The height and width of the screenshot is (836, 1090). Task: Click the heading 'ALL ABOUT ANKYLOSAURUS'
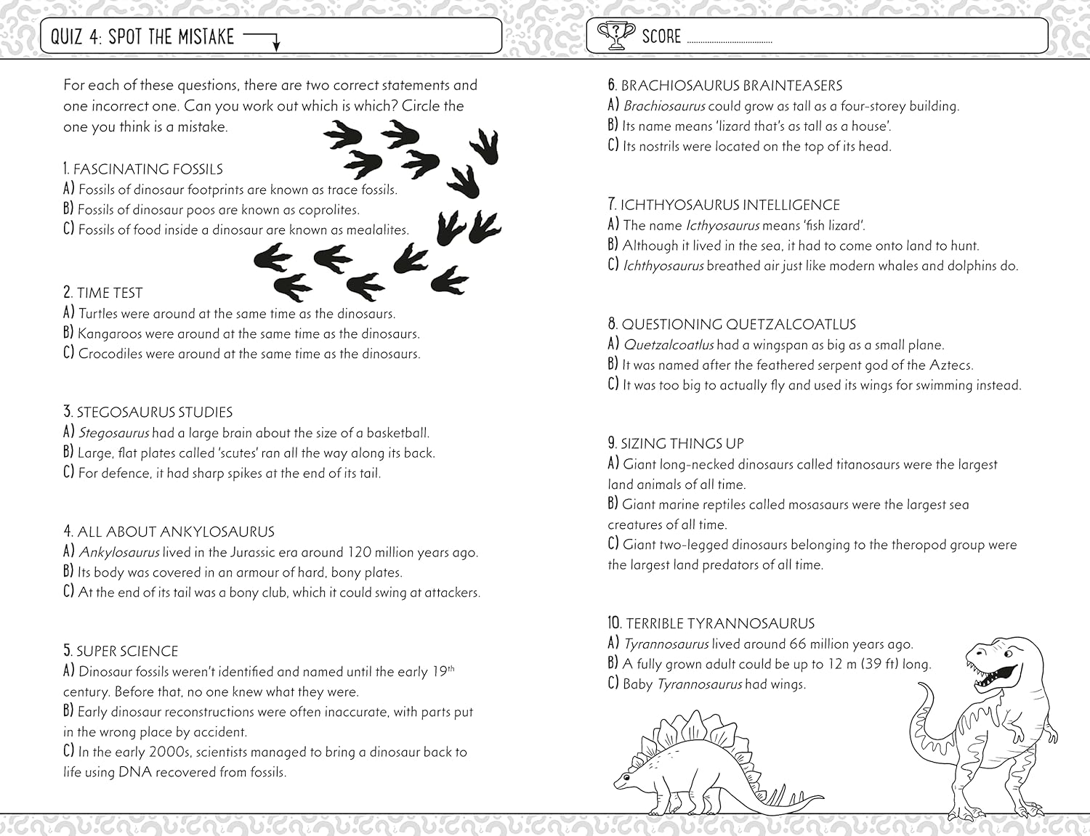[176, 532]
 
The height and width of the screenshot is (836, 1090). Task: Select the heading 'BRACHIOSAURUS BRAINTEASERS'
[731, 86]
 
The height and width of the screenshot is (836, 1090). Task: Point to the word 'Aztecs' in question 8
[949, 365]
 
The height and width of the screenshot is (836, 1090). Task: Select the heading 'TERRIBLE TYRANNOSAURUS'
[720, 623]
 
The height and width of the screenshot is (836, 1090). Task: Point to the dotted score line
[729, 42]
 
